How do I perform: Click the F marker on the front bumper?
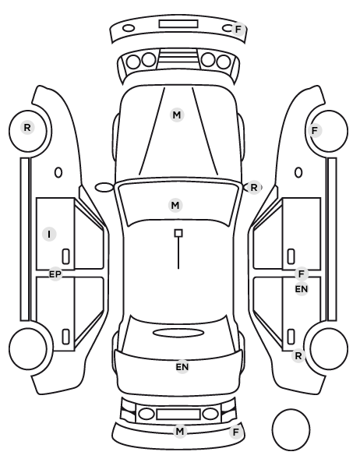click(x=238, y=30)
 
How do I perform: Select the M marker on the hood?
click(x=177, y=115)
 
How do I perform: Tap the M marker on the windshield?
click(x=175, y=206)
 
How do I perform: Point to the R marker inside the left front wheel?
click(x=27, y=128)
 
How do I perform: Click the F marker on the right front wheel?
click(x=315, y=130)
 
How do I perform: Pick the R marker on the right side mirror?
click(x=253, y=188)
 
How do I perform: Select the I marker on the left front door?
click(x=49, y=235)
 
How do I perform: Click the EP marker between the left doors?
click(x=55, y=274)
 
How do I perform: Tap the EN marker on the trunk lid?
click(x=182, y=367)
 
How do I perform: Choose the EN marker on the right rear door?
click(x=301, y=289)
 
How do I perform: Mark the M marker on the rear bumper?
click(x=180, y=431)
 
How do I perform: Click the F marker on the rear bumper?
click(x=236, y=432)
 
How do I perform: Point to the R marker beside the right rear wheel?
click(x=298, y=356)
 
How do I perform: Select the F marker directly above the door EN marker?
click(x=302, y=274)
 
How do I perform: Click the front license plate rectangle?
click(x=178, y=24)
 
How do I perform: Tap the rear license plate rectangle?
click(x=178, y=414)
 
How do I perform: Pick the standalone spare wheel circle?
click(x=291, y=429)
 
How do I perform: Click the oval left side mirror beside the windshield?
click(x=104, y=187)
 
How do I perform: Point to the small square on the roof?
click(x=178, y=233)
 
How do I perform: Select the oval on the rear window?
click(x=178, y=333)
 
